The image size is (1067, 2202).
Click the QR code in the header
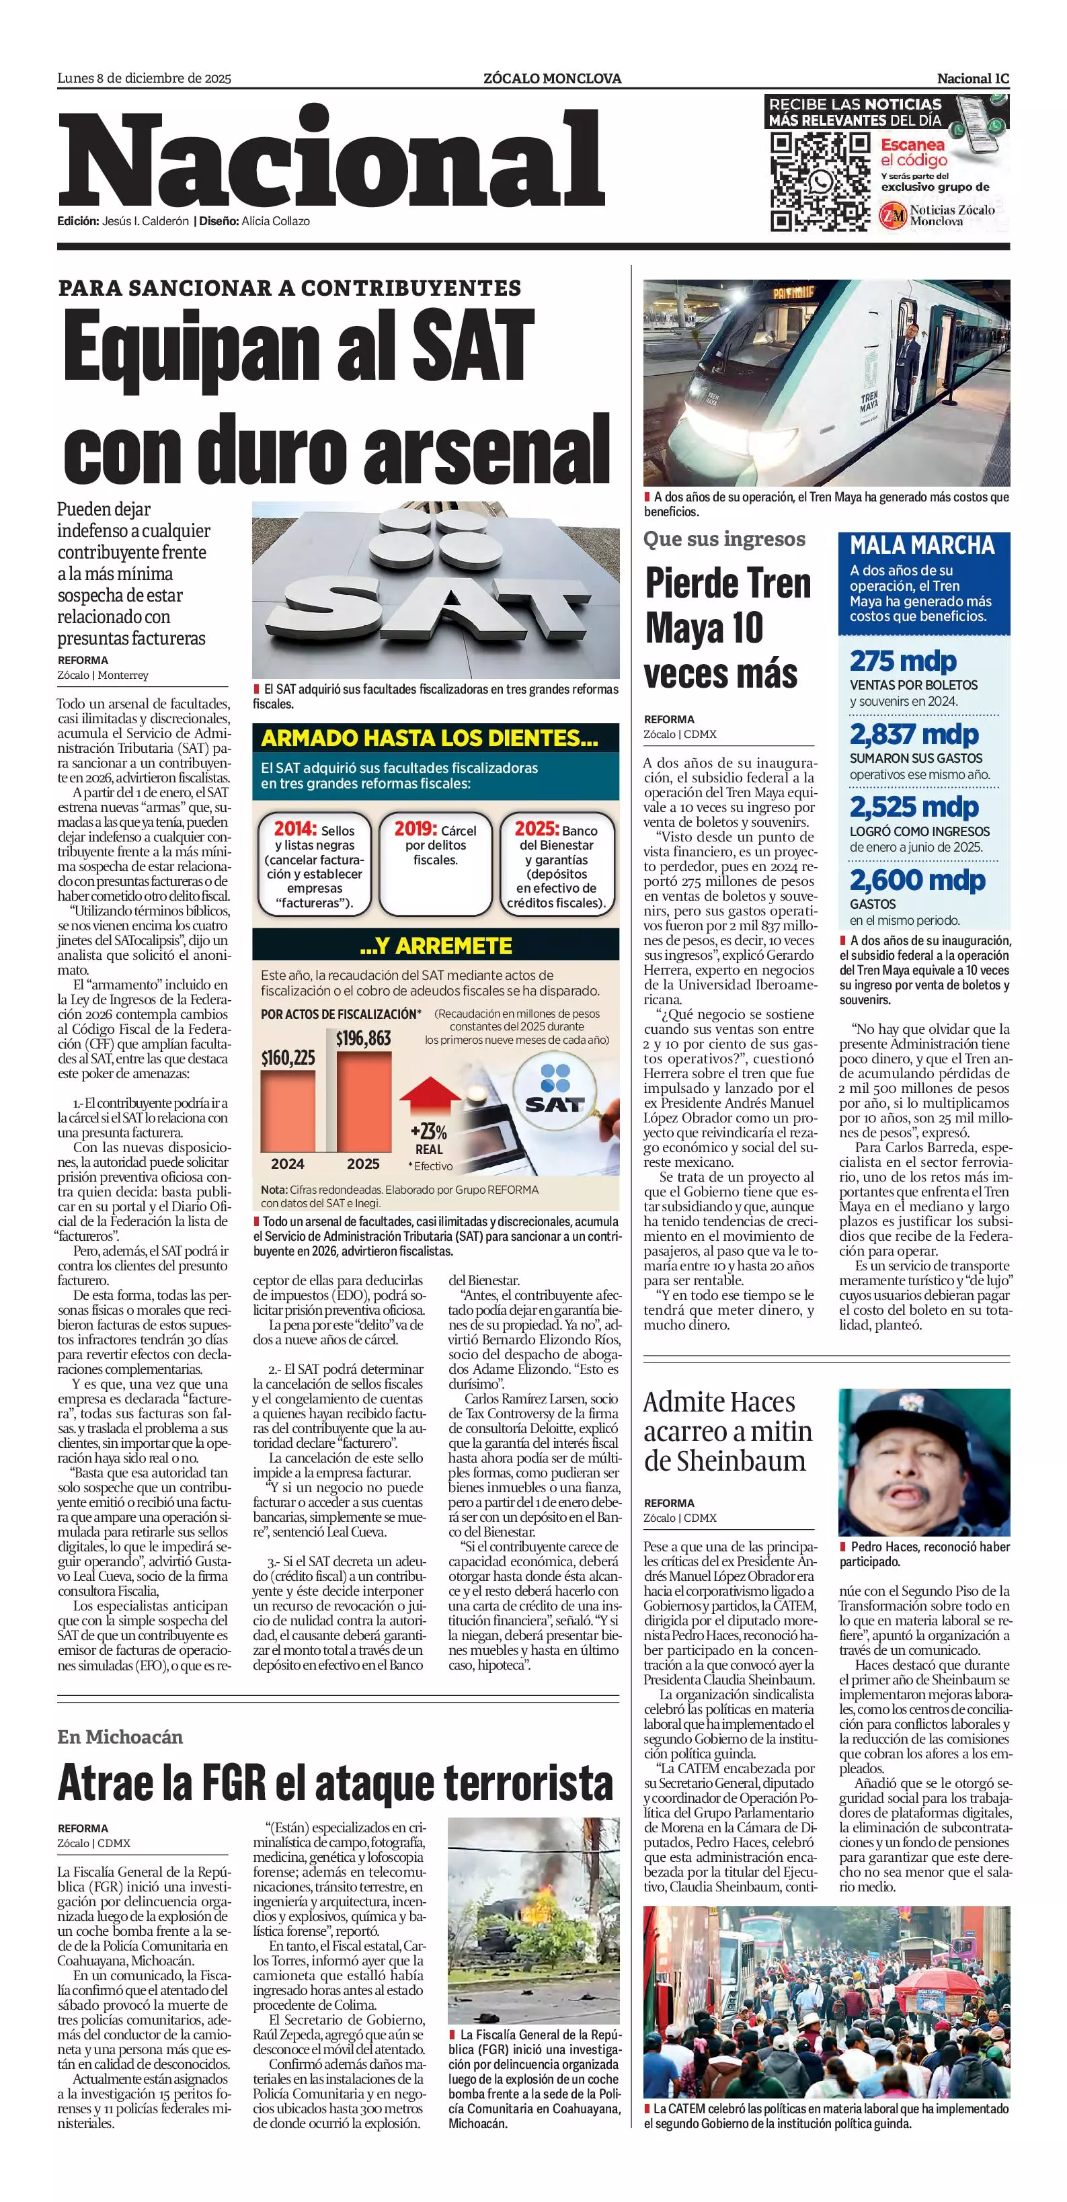(x=819, y=181)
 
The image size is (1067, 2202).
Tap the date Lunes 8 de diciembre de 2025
(x=144, y=79)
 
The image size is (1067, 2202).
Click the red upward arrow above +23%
(x=430, y=1097)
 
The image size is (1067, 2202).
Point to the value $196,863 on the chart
(x=363, y=1038)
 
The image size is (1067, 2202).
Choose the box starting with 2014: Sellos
(x=314, y=862)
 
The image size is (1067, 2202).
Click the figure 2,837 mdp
(x=914, y=734)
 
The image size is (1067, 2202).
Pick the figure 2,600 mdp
(x=917, y=880)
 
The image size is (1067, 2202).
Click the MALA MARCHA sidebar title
(x=922, y=545)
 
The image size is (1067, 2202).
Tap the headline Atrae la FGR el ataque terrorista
(x=335, y=1783)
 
